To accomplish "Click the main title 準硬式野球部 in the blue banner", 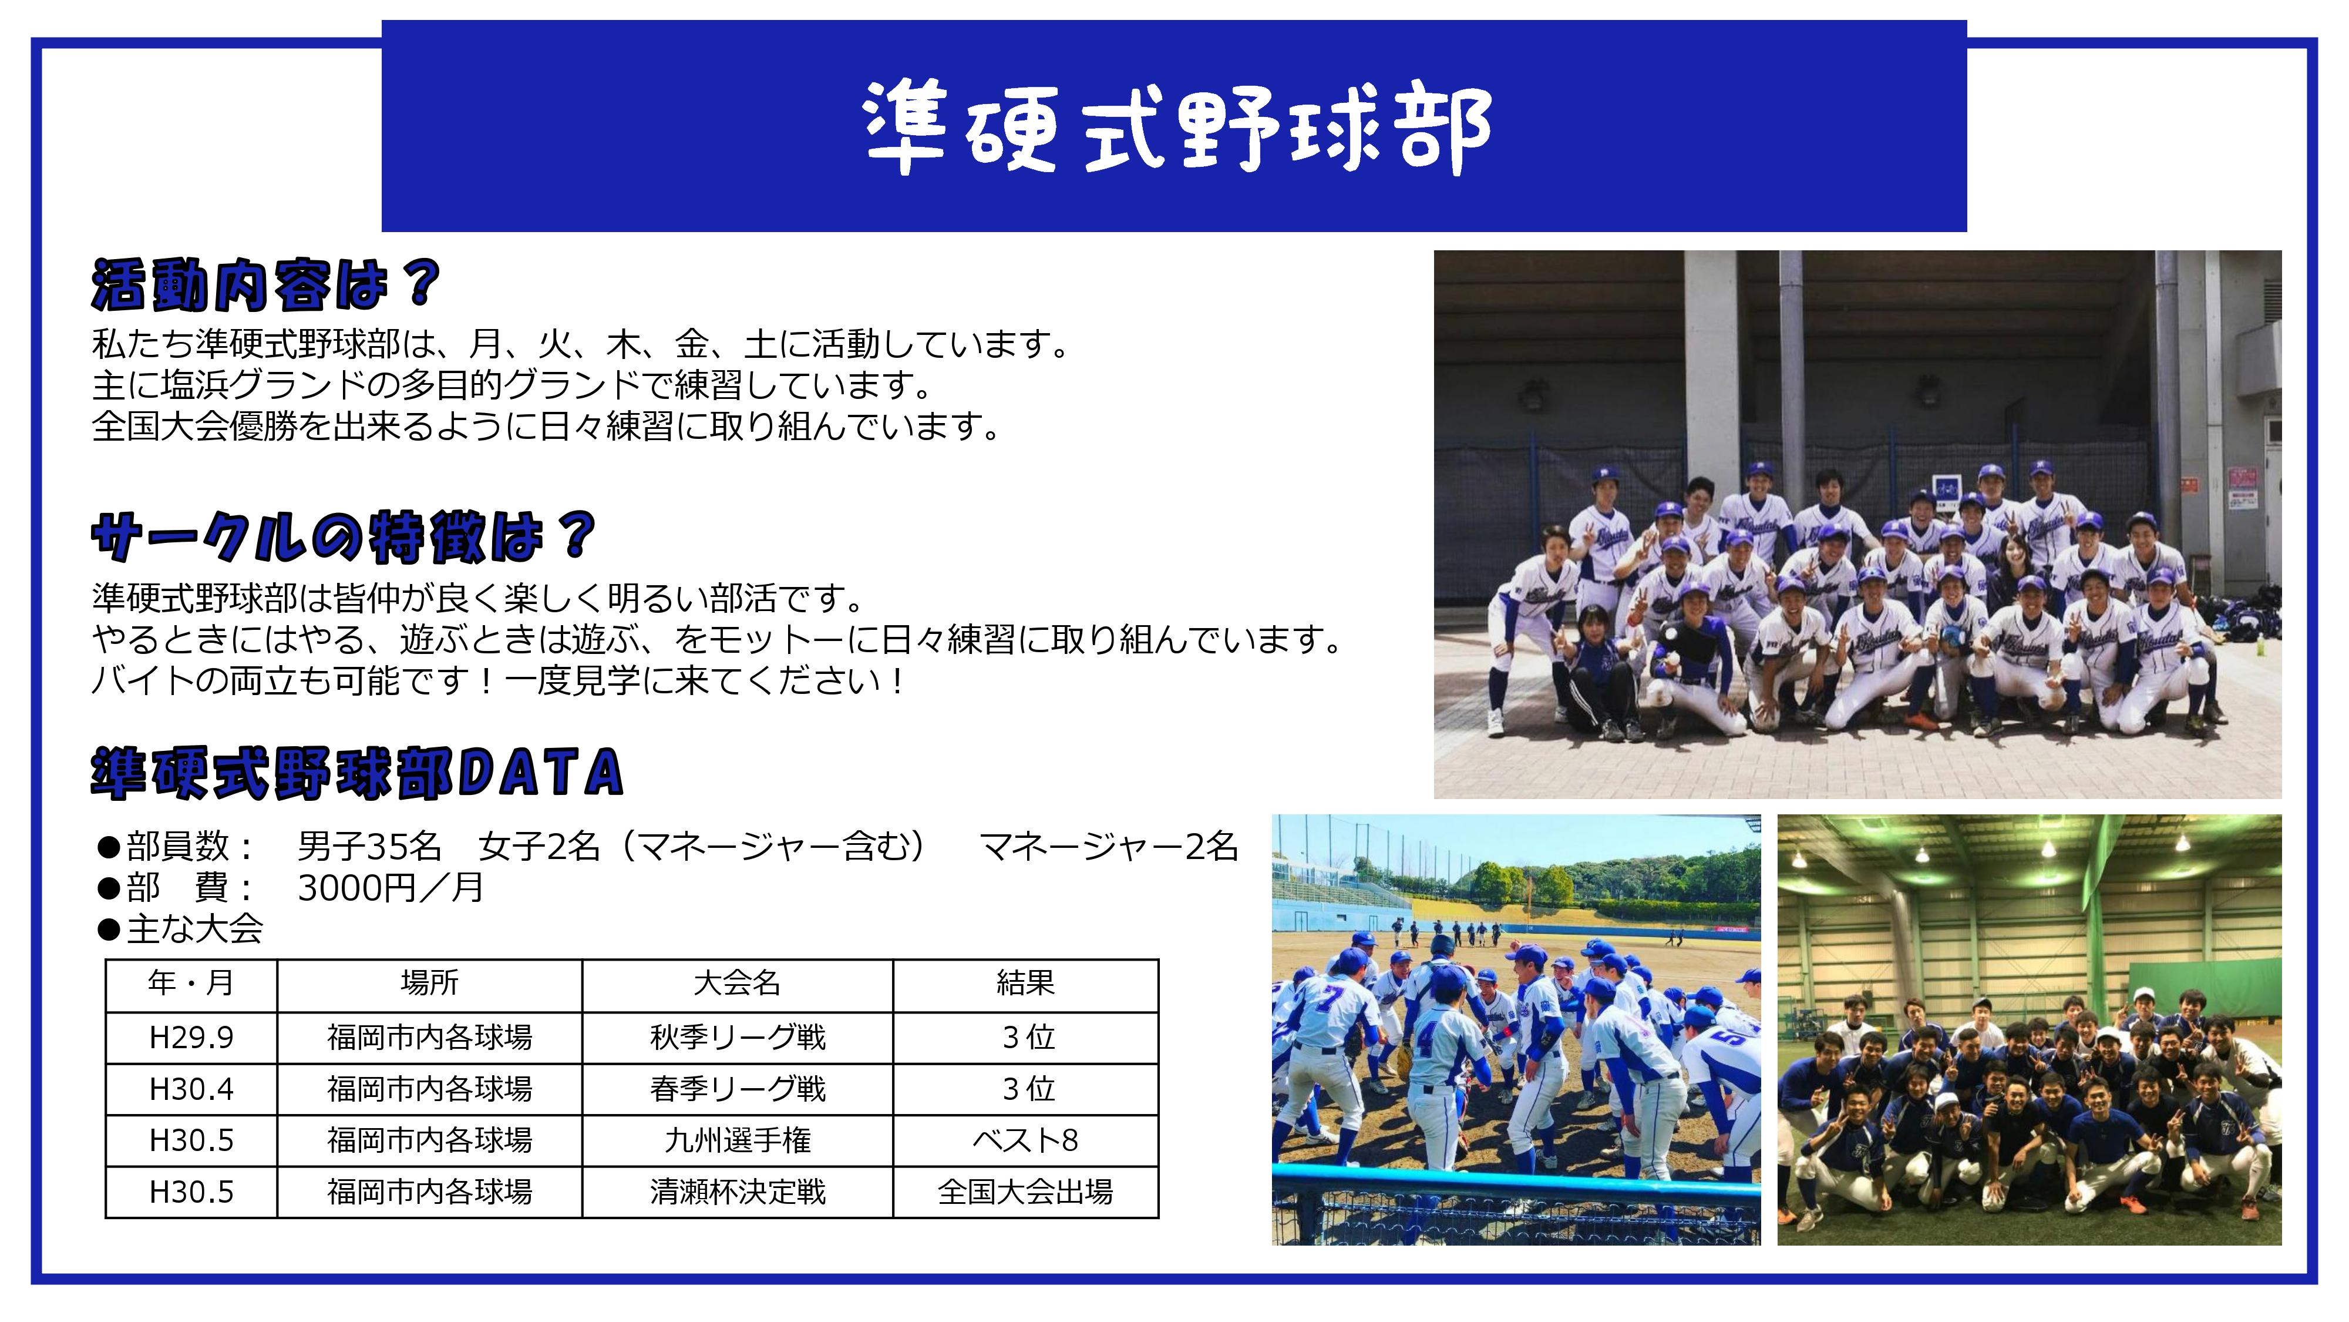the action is (1176, 127).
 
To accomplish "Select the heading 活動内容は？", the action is (266, 284).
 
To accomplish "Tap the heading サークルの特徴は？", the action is (344, 536).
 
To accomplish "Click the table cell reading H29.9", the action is (191, 1038).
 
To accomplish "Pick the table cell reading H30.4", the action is (191, 1088).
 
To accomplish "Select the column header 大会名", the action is (737, 982).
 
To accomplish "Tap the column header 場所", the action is (429, 982).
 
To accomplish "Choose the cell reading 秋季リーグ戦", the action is (738, 1038).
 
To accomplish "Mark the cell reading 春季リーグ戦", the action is (738, 1088).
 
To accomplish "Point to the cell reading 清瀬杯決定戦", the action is (738, 1192).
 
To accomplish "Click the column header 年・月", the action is (191, 982).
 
